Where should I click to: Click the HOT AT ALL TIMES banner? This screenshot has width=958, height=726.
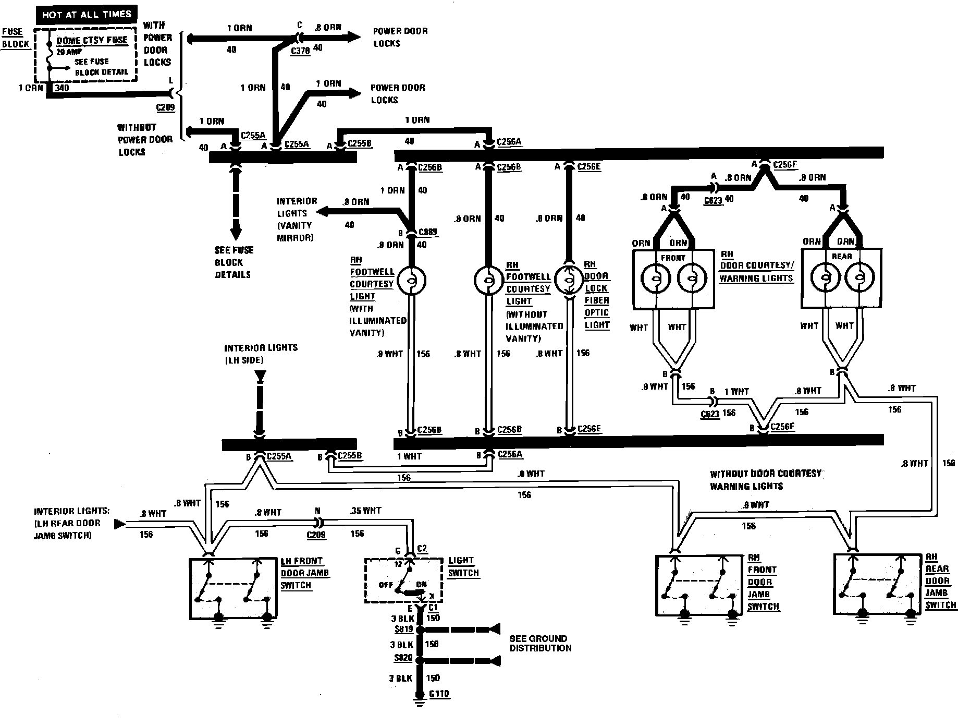coord(87,15)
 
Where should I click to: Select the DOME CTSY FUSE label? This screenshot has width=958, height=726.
coord(92,40)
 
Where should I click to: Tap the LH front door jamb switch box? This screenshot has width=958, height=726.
coord(232,588)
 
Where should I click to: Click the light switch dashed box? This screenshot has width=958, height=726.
coord(403,580)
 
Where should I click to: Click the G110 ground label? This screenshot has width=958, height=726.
coord(439,694)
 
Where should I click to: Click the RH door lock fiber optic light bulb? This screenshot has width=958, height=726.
coord(569,281)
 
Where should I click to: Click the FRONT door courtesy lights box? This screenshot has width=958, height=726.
coord(672,279)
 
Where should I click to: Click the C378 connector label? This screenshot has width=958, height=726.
coord(300,51)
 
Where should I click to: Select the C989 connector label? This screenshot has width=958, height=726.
coord(428,233)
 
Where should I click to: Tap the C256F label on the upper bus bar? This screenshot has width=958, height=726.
coord(785,165)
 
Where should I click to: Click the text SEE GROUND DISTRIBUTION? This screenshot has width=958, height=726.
coord(539,643)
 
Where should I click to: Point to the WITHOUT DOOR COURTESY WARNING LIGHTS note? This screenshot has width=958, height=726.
coord(765,479)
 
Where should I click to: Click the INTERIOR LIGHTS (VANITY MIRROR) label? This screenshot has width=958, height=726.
coord(296,219)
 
